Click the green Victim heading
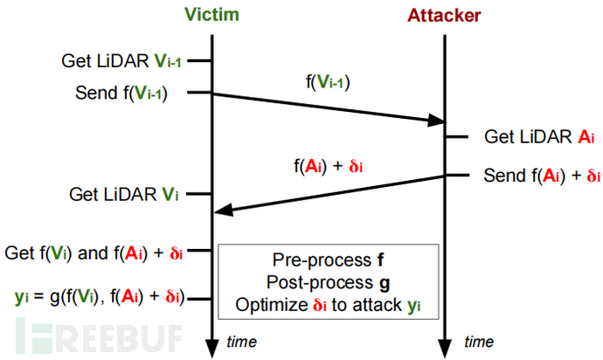pyautogui.click(x=211, y=16)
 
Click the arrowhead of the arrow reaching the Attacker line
pyautogui.click(x=437, y=121)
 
